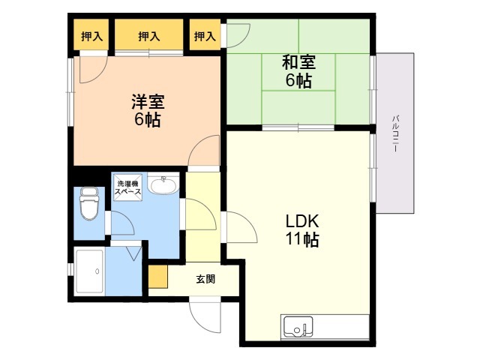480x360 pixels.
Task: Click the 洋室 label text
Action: pyautogui.click(x=148, y=102)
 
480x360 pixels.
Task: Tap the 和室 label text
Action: pyautogui.click(x=298, y=62)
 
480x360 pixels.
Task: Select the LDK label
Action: pyautogui.click(x=302, y=221)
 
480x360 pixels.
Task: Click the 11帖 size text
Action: pyautogui.click(x=302, y=240)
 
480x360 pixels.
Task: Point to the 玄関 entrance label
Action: pyautogui.click(x=205, y=279)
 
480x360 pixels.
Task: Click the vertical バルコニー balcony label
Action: pyautogui.click(x=395, y=133)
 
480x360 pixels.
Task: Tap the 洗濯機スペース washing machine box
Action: pyautogui.click(x=128, y=187)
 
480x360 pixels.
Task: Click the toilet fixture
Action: pyautogui.click(x=89, y=203)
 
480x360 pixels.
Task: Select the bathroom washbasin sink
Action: pyautogui.click(x=163, y=184)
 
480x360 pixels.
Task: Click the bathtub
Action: pyautogui.click(x=90, y=271)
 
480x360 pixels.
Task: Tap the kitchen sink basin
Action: pyautogui.click(x=298, y=327)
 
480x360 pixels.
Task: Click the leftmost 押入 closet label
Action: pyautogui.click(x=91, y=37)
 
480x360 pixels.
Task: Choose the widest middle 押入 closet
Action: pyautogui.click(x=149, y=34)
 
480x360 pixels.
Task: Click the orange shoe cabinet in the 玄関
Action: pyautogui.click(x=158, y=277)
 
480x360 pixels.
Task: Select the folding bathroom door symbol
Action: pyautogui.click(x=133, y=252)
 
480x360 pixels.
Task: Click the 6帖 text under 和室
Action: pyautogui.click(x=298, y=81)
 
